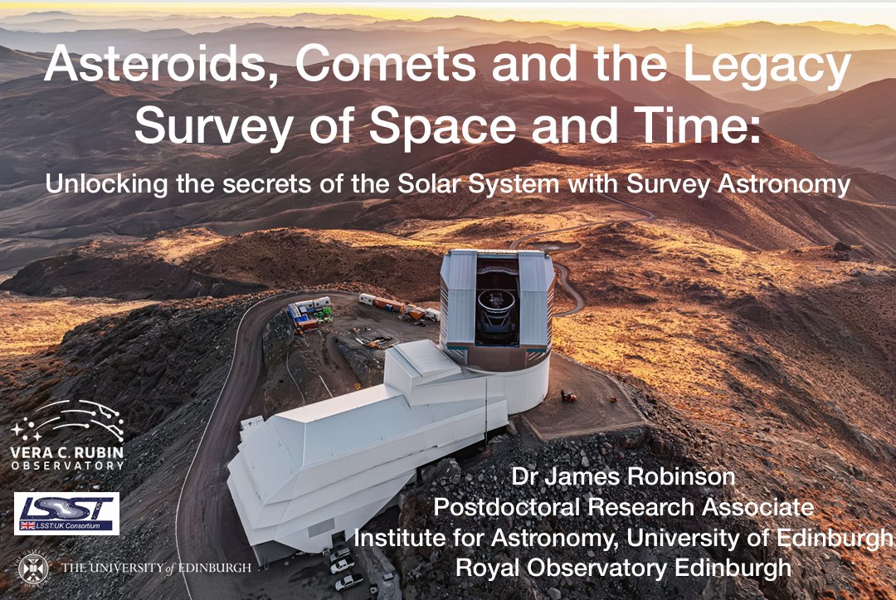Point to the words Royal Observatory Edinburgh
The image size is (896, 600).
point(623,568)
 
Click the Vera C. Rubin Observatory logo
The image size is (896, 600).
point(67,434)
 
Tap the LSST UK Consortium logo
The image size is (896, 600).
point(67,514)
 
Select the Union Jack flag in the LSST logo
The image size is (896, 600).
point(27,525)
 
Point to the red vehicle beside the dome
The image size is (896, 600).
point(568,395)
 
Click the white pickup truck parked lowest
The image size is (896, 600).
point(348,582)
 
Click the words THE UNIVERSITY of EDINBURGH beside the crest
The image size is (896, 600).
point(156,568)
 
